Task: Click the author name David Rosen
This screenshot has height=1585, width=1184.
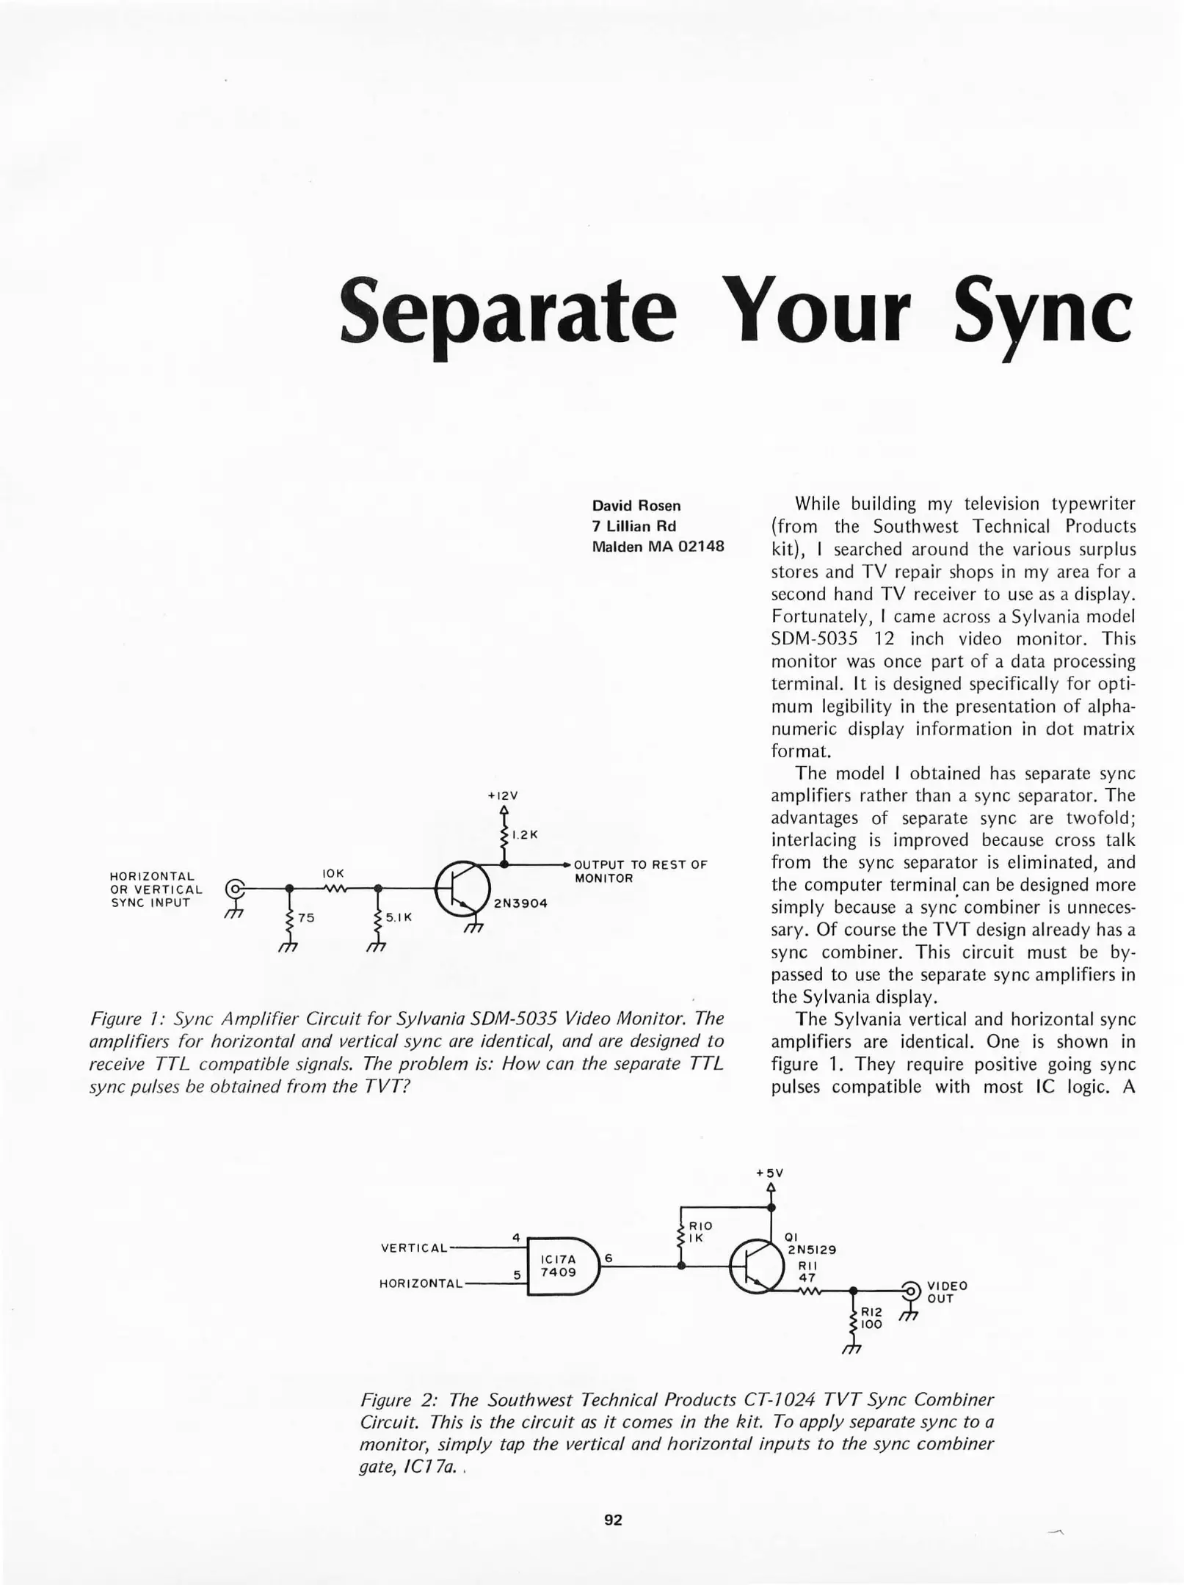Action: click(636, 506)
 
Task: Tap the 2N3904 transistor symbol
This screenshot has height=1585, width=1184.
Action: click(462, 889)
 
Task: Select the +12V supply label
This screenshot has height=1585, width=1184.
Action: click(503, 795)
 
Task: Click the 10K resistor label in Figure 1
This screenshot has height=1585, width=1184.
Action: click(333, 873)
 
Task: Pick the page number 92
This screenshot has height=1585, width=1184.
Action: click(613, 1520)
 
